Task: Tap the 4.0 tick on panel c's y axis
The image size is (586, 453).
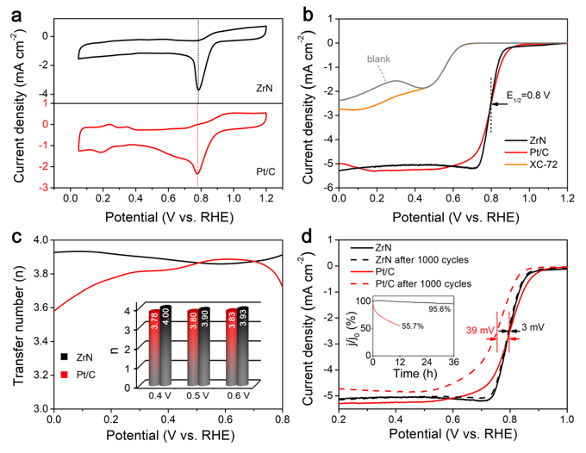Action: (x=38, y=240)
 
